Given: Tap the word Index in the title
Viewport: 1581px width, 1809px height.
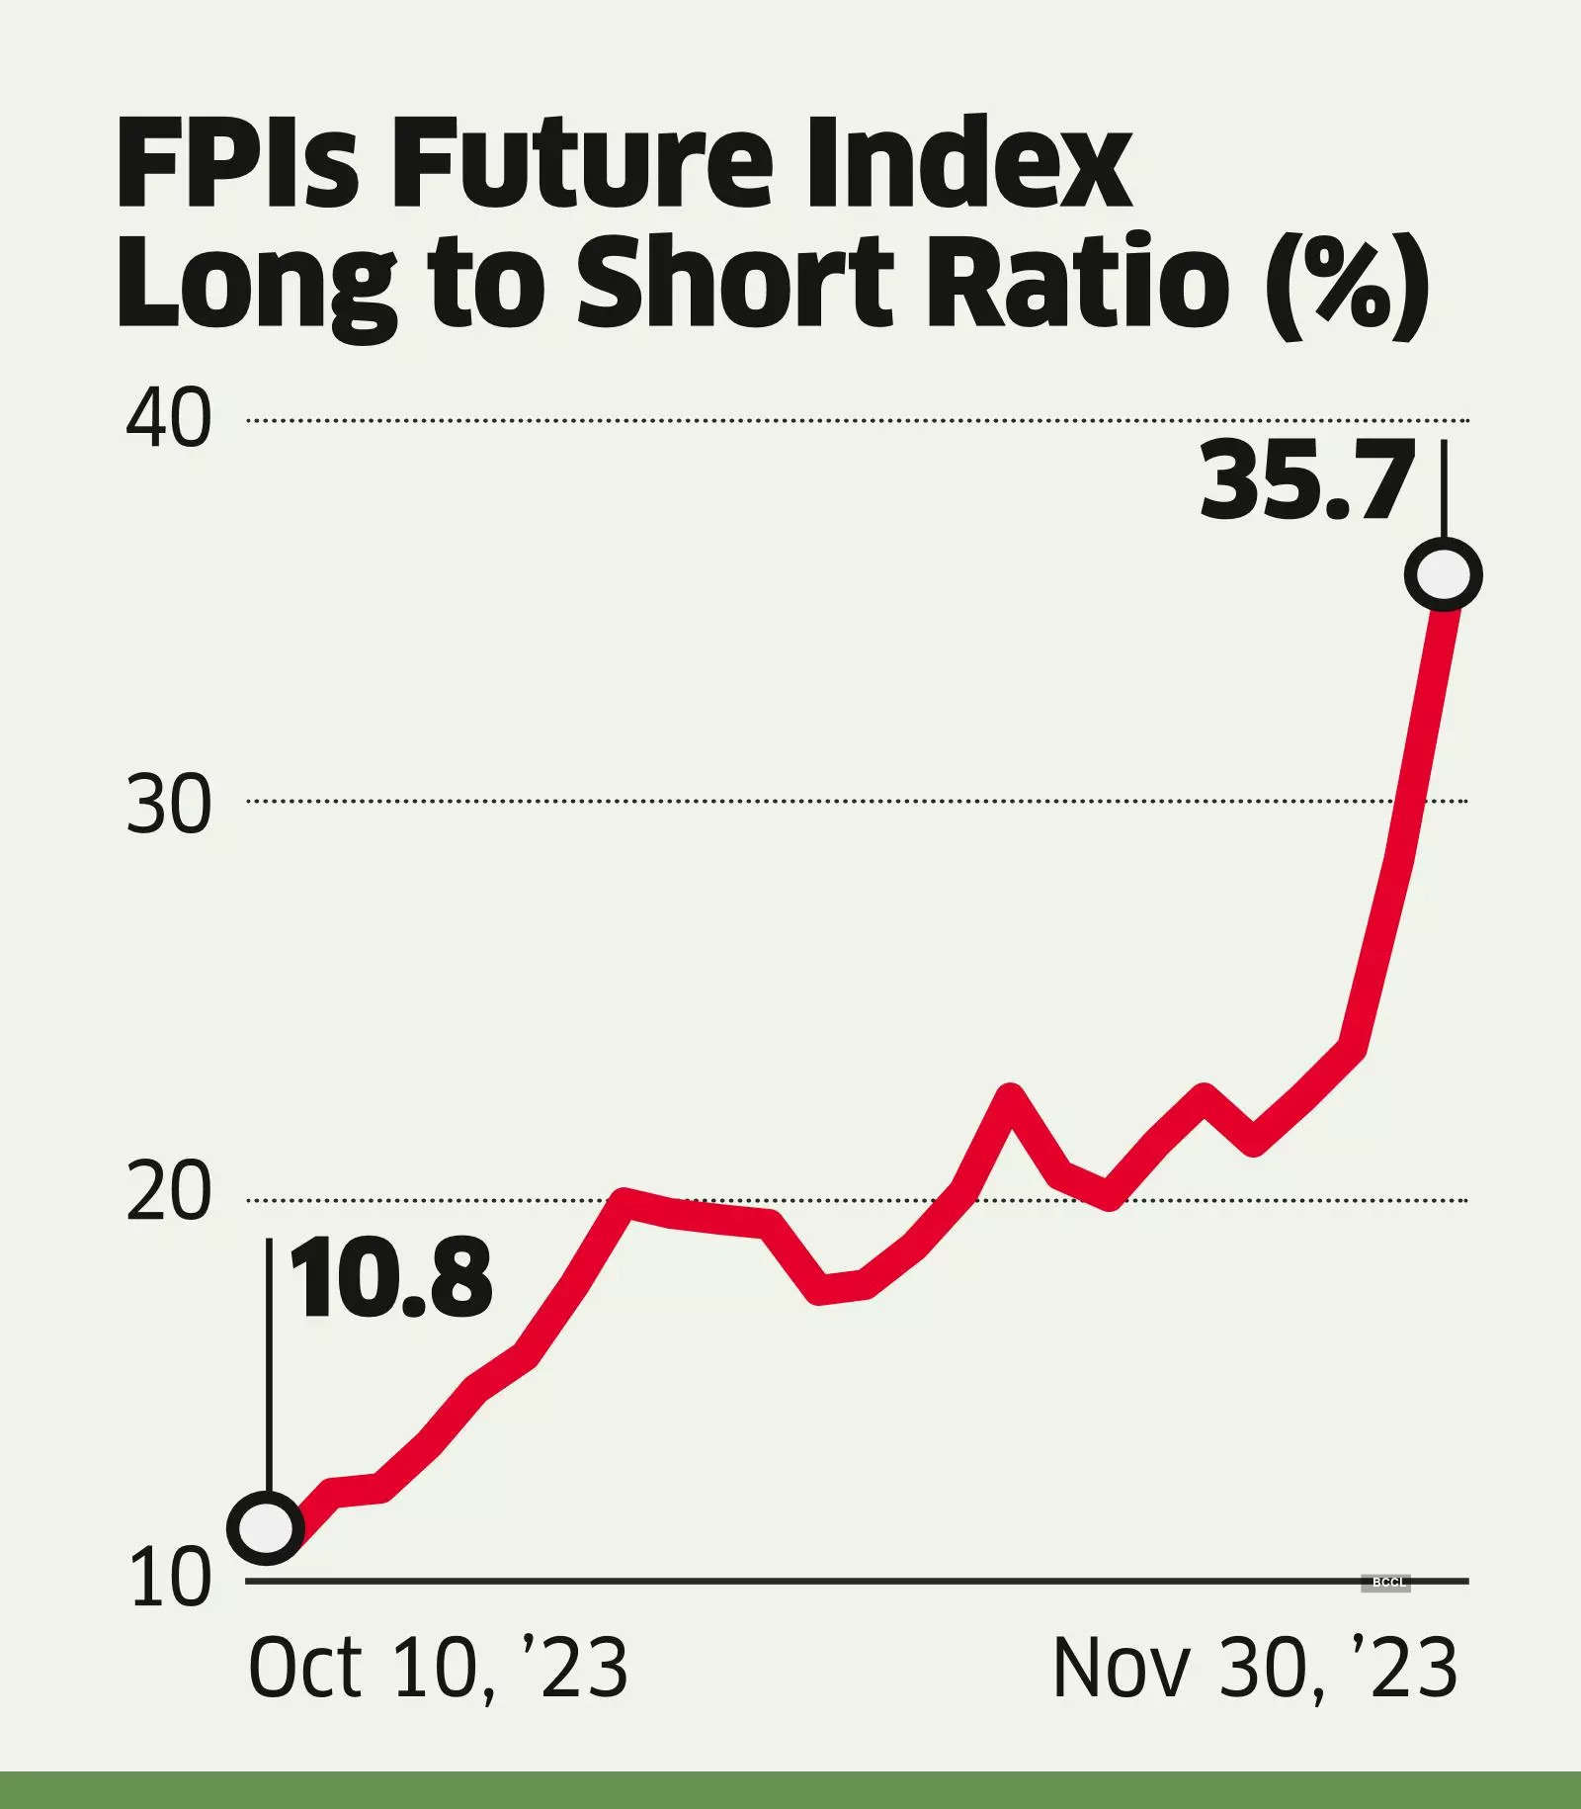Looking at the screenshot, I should click(968, 163).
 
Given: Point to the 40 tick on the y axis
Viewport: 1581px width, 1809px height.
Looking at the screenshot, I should click(169, 420).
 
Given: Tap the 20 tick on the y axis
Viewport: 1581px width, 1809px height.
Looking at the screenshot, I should click(169, 1193).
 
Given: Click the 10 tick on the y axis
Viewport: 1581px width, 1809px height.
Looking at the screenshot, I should click(169, 1580).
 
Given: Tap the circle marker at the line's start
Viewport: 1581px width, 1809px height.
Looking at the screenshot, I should click(266, 1527).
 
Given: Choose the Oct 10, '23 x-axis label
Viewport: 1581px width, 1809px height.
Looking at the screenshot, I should click(439, 1669).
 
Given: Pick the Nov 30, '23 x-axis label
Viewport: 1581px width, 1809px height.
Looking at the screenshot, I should click(1255, 1669).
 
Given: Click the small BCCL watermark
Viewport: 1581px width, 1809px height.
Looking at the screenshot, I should click(1386, 1583).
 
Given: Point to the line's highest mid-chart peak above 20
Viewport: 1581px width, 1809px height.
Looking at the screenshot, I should click(1010, 1094).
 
